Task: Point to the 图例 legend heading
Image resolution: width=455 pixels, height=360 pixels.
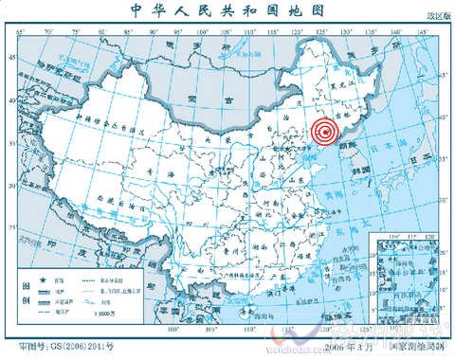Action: coord(25,293)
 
